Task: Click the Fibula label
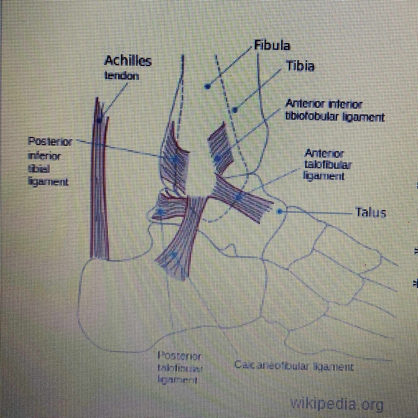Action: click(272, 46)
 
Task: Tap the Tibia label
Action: click(300, 66)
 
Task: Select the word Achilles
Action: click(128, 61)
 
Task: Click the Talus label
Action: click(371, 213)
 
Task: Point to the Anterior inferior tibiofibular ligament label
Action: click(334, 111)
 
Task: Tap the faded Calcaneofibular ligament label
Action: click(293, 366)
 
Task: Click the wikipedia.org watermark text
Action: click(337, 404)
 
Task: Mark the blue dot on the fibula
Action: click(207, 86)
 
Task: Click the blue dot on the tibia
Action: click(235, 110)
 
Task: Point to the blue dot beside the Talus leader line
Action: click(280, 212)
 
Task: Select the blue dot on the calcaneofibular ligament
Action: click(175, 254)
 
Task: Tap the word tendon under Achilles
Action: click(122, 76)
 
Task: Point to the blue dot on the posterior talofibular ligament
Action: click(161, 212)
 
